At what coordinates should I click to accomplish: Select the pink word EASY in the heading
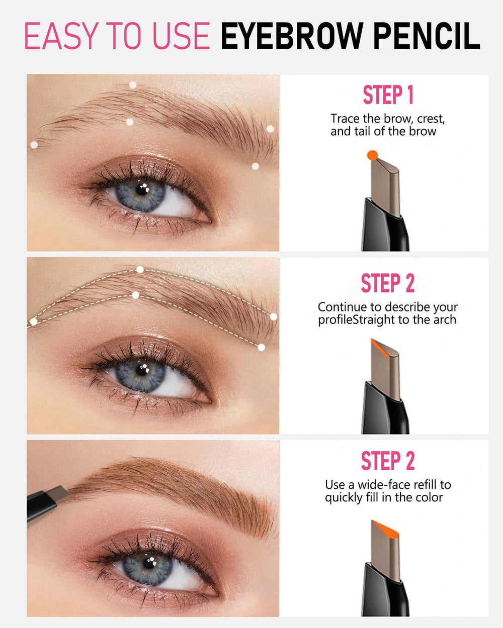pos(59,36)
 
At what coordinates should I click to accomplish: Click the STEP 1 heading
pos(388,95)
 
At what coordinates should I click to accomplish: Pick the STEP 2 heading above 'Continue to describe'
pos(388,283)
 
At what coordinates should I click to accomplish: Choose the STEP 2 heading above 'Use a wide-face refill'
pos(388,461)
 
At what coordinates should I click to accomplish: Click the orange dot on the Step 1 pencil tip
pos(372,155)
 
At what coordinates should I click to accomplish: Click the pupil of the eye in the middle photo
pos(142,371)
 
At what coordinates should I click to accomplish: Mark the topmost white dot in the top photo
pos(133,85)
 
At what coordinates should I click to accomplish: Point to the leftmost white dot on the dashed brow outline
pos(34,322)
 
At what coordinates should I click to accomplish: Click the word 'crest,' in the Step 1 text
pos(431,119)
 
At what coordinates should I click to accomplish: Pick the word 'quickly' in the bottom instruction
pos(344,498)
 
